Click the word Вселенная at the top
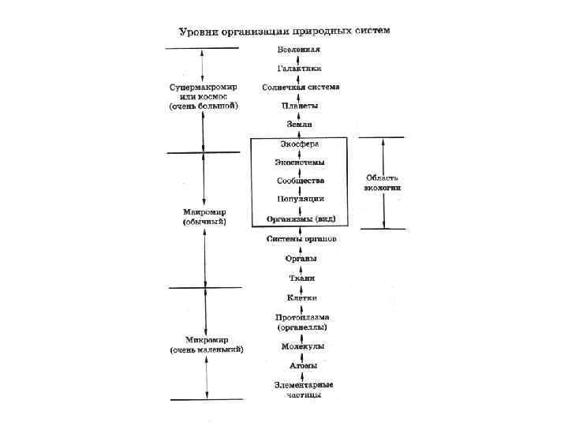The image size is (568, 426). point(300,50)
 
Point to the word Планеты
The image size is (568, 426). point(300,105)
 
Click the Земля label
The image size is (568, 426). point(300,125)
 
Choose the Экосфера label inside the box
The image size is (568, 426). point(300,144)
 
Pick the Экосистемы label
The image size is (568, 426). point(300,163)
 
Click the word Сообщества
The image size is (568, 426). point(300,181)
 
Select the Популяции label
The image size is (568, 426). point(300,200)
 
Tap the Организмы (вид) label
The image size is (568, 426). point(301,219)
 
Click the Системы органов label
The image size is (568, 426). point(301,238)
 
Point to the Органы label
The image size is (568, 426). point(301,258)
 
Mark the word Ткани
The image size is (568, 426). point(301,278)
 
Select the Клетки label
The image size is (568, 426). point(301,297)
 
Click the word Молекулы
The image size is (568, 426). point(302,346)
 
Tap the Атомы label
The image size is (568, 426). point(302,366)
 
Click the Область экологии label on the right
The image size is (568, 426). point(383,183)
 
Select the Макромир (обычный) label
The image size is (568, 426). point(204,217)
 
